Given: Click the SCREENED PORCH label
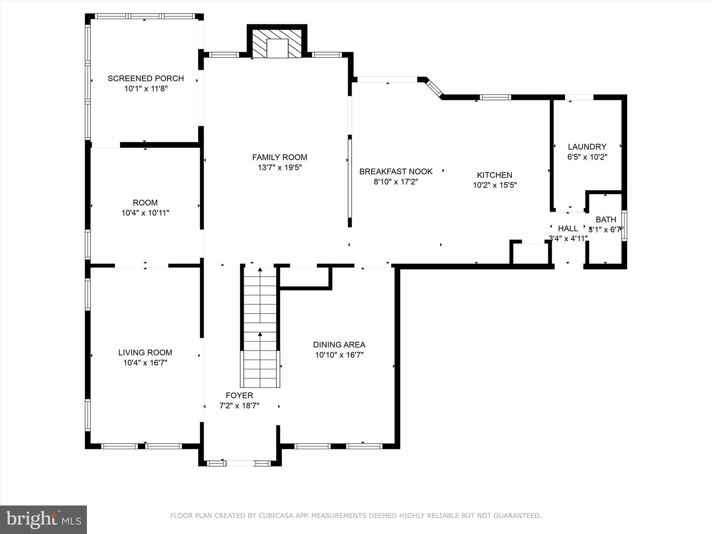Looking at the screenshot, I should (146, 79).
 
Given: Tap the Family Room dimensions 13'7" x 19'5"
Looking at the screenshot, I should (280, 168).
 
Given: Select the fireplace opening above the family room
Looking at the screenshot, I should (277, 48).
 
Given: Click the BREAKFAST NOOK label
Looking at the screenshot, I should (396, 171).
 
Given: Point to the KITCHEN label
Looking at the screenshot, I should (494, 175).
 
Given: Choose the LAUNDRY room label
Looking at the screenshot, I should (587, 147).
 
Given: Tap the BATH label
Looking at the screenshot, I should (606, 220).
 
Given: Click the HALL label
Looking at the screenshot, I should (568, 228).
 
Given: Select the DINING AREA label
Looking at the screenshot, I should (339, 345).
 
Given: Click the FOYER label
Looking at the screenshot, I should (239, 395).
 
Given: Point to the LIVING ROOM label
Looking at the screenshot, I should (145, 353).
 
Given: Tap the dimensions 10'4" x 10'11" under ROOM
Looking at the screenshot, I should (145, 213).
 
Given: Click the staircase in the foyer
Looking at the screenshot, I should (260, 327).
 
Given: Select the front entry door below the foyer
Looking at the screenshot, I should (240, 463).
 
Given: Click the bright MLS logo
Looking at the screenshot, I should (43, 519).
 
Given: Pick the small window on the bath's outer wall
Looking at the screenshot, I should (624, 226).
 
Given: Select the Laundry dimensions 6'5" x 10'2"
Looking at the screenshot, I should (587, 157).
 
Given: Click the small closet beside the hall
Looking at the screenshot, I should (531, 253).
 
